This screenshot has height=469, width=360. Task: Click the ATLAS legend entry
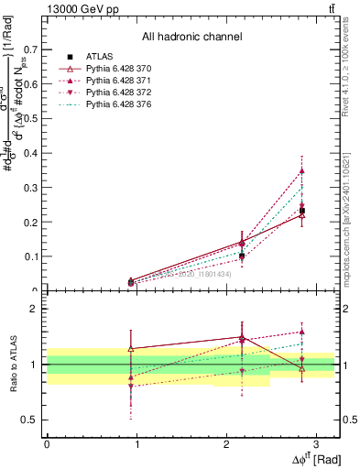[x=99, y=57]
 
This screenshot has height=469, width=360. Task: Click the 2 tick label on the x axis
[x=225, y=443]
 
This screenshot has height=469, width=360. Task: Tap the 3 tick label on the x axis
[x=315, y=443]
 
